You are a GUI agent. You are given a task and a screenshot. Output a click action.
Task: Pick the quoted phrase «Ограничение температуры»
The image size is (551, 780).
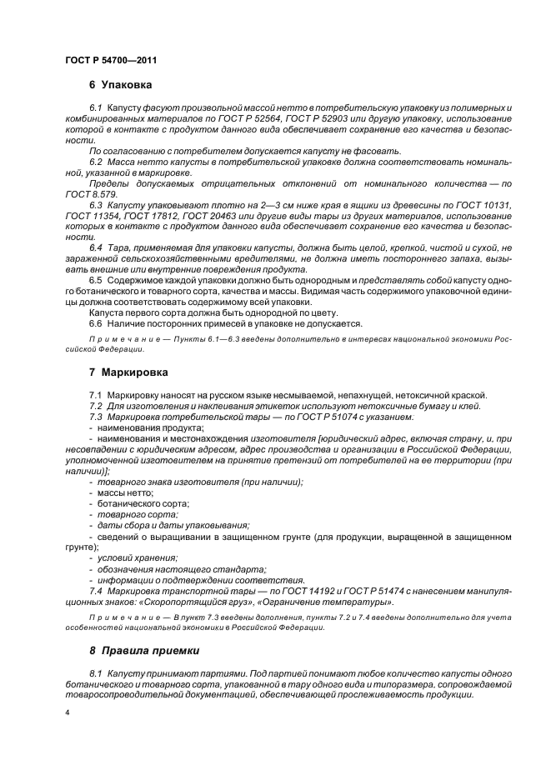click(x=351, y=601)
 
